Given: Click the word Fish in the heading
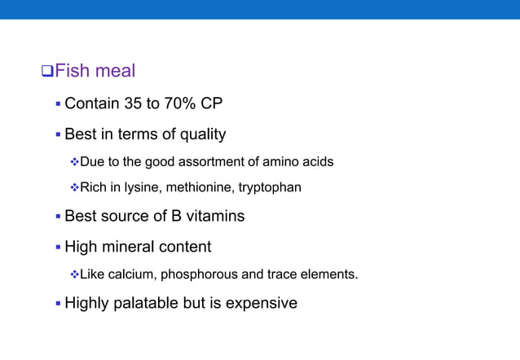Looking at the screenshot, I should click(73, 72).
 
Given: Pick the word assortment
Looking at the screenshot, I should click(206, 162).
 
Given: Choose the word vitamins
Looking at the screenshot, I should click(210, 217).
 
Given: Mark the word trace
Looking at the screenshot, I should click(280, 274).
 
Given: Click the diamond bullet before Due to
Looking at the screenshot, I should click(73, 162).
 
